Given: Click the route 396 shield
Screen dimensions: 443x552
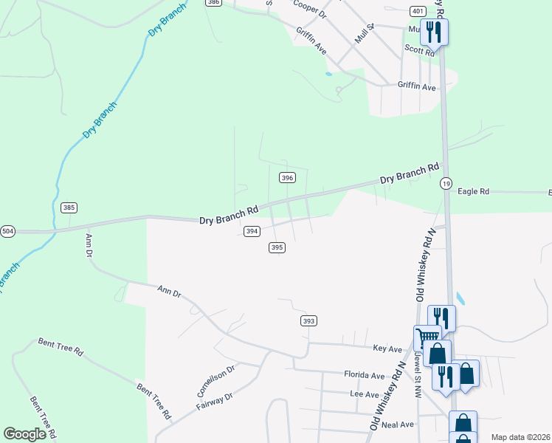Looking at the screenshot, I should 288,178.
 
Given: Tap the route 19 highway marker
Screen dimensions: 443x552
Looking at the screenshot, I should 446,183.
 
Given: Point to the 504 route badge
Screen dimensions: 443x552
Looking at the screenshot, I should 7,231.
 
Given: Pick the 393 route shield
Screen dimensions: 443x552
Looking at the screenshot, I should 309,320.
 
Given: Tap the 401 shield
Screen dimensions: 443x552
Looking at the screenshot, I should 418,11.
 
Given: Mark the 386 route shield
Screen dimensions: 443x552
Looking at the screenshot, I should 214,2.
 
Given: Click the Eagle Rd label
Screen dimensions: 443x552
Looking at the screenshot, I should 474,191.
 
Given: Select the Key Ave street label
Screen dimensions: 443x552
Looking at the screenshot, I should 387,348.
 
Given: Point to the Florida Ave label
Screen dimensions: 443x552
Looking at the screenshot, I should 365,375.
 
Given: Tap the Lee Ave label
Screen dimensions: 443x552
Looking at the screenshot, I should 364,395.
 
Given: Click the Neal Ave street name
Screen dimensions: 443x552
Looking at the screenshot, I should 398,425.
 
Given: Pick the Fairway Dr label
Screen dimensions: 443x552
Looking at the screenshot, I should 215,401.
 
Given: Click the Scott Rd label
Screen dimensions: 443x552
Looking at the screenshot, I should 419,50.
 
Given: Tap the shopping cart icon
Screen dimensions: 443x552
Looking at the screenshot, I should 427,338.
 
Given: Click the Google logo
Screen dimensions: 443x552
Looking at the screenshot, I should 25,434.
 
